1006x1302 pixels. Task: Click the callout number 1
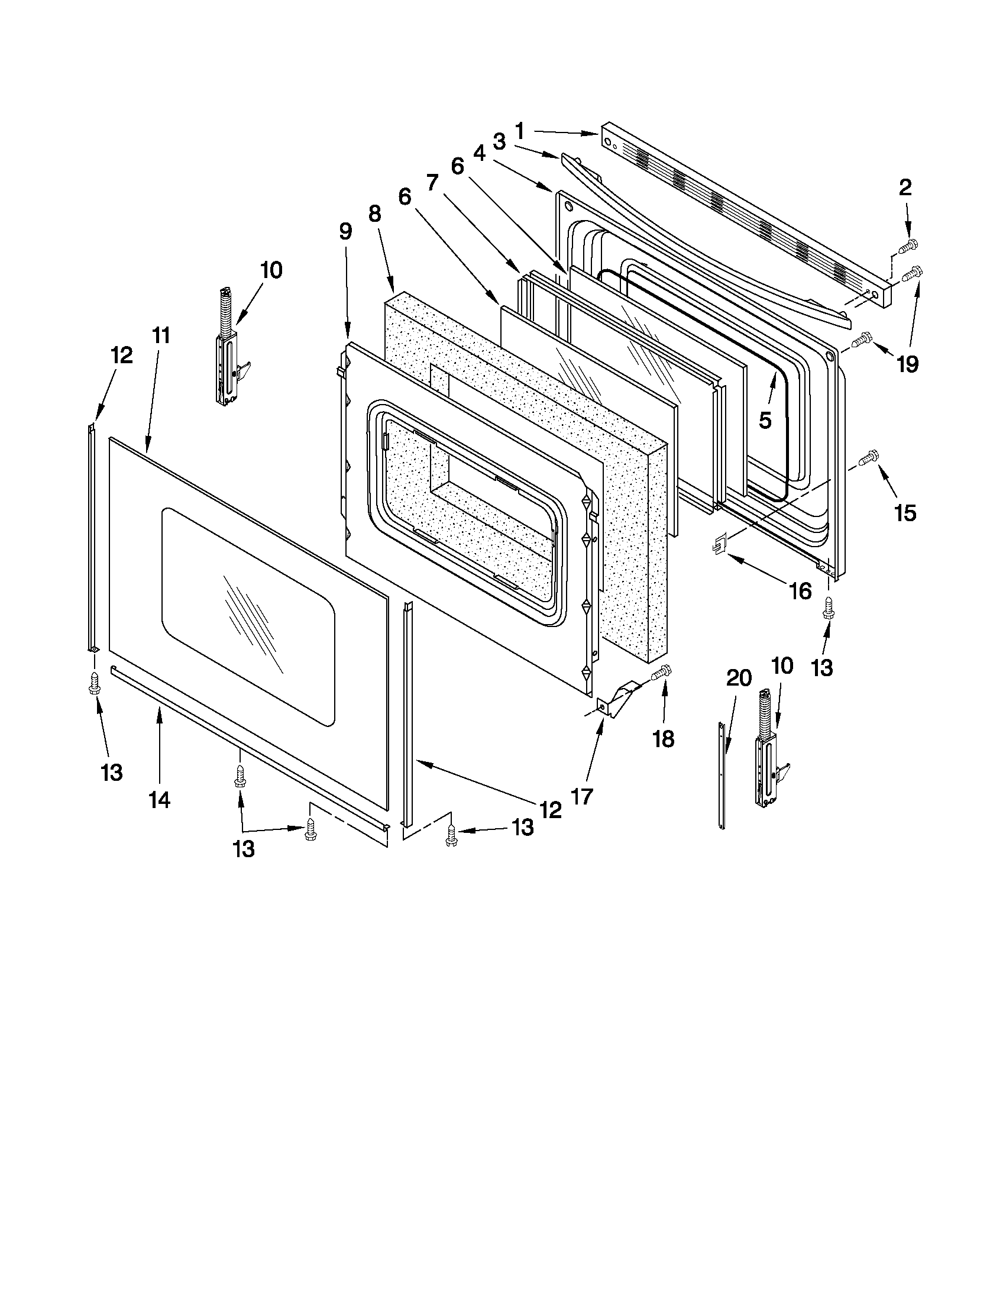[519, 130]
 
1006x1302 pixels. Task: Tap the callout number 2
[905, 188]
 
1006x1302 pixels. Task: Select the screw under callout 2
[910, 245]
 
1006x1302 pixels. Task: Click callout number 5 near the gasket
[765, 419]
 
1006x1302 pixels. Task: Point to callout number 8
[374, 213]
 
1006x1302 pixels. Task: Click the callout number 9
[345, 231]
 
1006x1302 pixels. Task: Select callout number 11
[161, 335]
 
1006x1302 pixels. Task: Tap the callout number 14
[159, 800]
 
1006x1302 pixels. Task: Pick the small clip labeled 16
[720, 544]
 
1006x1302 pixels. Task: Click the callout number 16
[800, 591]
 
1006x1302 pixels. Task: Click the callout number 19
[907, 363]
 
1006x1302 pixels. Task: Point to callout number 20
[739, 677]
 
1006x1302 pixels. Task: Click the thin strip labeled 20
[722, 775]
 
